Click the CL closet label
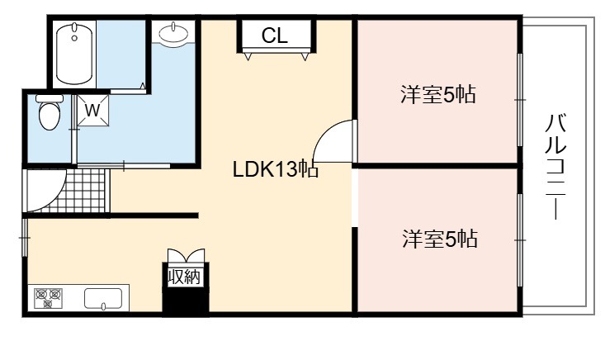click(275, 36)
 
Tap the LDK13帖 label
click(276, 169)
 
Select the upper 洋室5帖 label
click(438, 94)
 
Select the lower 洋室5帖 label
click(440, 239)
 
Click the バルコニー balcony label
click(555, 167)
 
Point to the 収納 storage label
click(185, 277)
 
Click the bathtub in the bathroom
click(74, 54)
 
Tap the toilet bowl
click(50, 112)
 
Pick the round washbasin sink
click(173, 33)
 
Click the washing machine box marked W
click(92, 111)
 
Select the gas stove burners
click(48, 298)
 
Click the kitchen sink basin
click(103, 299)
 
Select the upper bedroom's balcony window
click(520, 100)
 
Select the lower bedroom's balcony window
click(520, 240)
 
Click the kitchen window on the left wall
click(24, 237)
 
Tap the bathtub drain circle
click(74, 38)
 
